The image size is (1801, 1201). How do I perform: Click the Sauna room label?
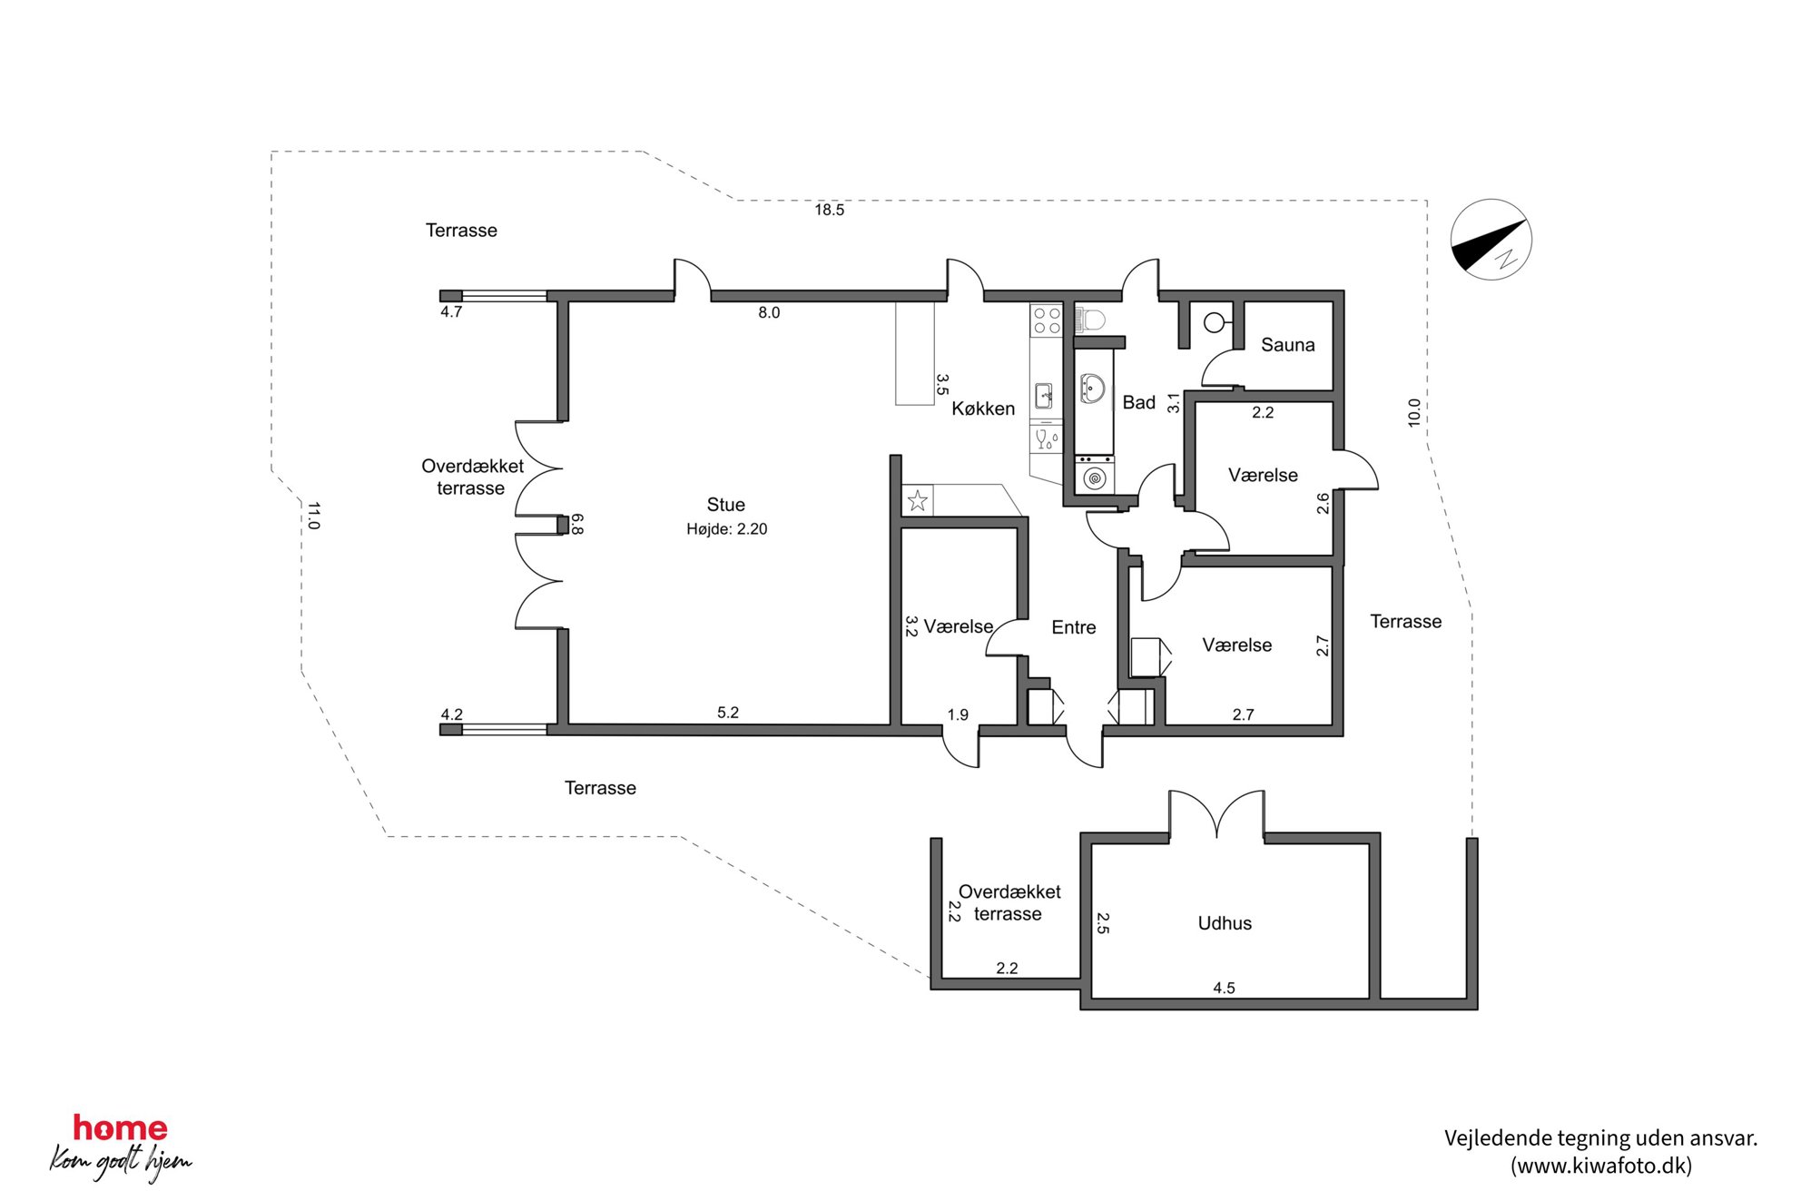tap(1287, 345)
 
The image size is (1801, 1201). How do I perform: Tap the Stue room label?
tap(725, 505)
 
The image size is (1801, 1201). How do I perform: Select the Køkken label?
tap(983, 409)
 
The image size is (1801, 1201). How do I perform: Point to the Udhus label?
tap(1225, 923)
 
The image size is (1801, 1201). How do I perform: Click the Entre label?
tap(1073, 627)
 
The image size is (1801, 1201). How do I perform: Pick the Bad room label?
tap(1138, 402)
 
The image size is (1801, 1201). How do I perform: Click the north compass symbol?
tap(1491, 240)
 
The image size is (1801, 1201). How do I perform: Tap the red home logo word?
tap(120, 1127)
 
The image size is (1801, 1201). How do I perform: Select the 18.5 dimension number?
tap(829, 210)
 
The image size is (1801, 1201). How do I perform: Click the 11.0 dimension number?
tap(313, 516)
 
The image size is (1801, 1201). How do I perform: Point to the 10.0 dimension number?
tap(1413, 413)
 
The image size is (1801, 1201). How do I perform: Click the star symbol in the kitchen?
tap(918, 500)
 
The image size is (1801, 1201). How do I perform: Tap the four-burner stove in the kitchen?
tap(1047, 320)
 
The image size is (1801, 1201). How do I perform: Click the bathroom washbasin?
tap(1092, 389)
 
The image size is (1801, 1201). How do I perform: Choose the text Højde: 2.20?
tap(726, 529)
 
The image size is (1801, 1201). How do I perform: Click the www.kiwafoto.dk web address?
tap(1601, 1166)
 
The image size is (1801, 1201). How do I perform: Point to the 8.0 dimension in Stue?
tap(769, 312)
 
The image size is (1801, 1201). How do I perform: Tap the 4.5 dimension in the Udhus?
tap(1224, 988)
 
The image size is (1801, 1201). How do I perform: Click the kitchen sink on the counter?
tap(1044, 396)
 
